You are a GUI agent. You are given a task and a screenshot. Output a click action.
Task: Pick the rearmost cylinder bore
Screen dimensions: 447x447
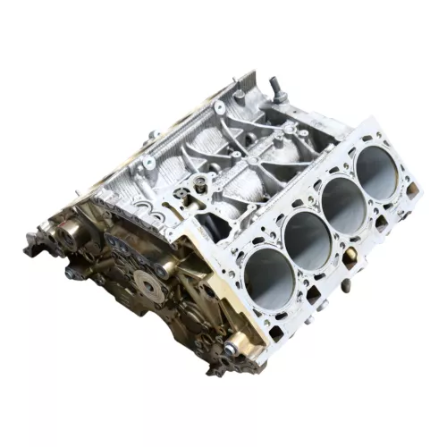(x=376, y=173)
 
